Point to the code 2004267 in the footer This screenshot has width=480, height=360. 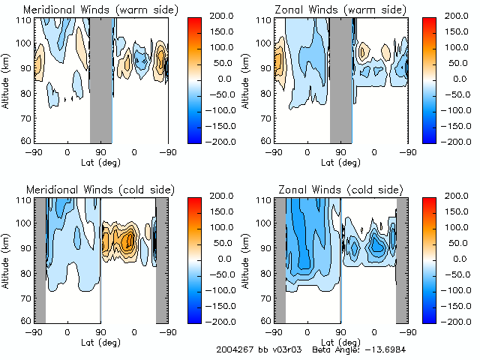234,349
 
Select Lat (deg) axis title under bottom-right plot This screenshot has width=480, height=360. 341,342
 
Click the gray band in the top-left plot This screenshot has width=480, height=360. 101,79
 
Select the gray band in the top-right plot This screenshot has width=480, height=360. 341,79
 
